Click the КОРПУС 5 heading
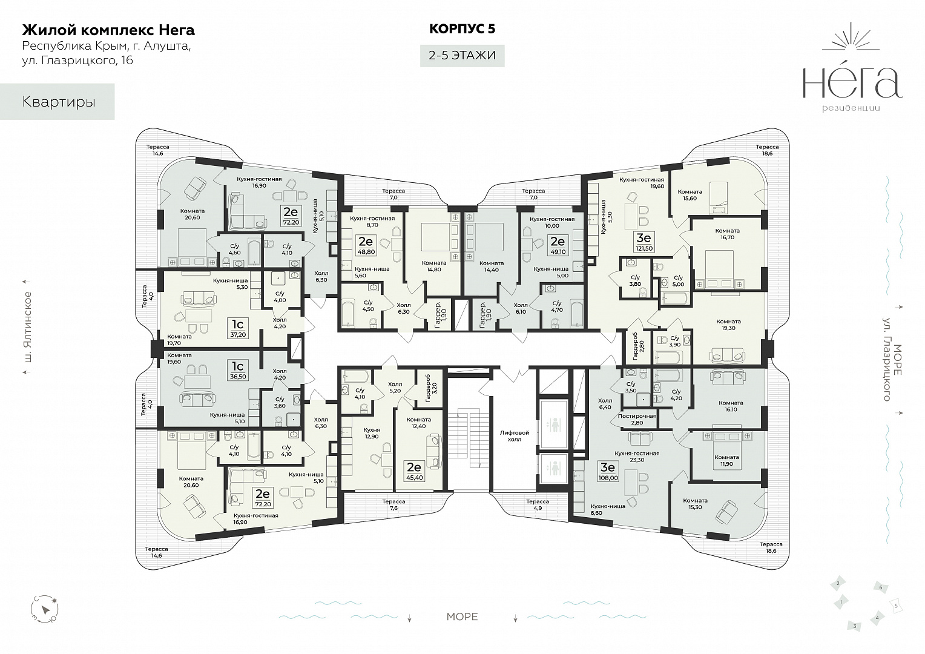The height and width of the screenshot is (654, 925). point(462,29)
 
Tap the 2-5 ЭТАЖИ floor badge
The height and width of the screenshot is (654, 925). point(462,55)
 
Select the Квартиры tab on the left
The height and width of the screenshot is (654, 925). point(58,102)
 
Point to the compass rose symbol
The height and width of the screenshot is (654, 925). point(45,609)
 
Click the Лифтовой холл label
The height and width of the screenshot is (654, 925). point(514,436)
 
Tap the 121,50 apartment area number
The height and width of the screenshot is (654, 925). point(644,248)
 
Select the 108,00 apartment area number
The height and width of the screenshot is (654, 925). point(608,478)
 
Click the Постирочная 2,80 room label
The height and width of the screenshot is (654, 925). point(637,419)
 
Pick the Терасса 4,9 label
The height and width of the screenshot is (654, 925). point(537,505)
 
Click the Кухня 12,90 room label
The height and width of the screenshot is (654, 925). point(372,434)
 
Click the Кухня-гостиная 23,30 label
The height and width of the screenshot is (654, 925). point(637,457)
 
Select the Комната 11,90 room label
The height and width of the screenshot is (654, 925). point(727,460)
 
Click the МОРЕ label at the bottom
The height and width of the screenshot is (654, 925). point(462,617)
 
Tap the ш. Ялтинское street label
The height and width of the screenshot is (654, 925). point(28,327)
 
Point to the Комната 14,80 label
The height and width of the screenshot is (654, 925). point(434,266)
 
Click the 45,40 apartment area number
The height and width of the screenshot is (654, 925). point(414,478)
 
